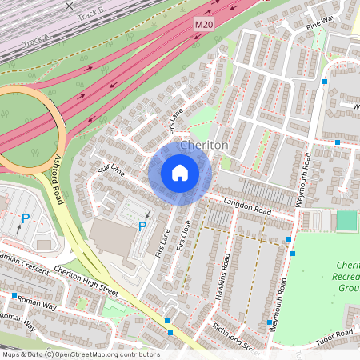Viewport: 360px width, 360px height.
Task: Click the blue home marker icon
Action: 180,173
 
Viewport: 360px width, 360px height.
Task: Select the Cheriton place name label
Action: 205,146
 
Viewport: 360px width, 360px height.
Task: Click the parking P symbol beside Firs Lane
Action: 142,227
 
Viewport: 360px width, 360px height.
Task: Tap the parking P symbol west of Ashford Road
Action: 26,218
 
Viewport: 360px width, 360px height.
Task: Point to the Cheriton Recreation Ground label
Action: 348,276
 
